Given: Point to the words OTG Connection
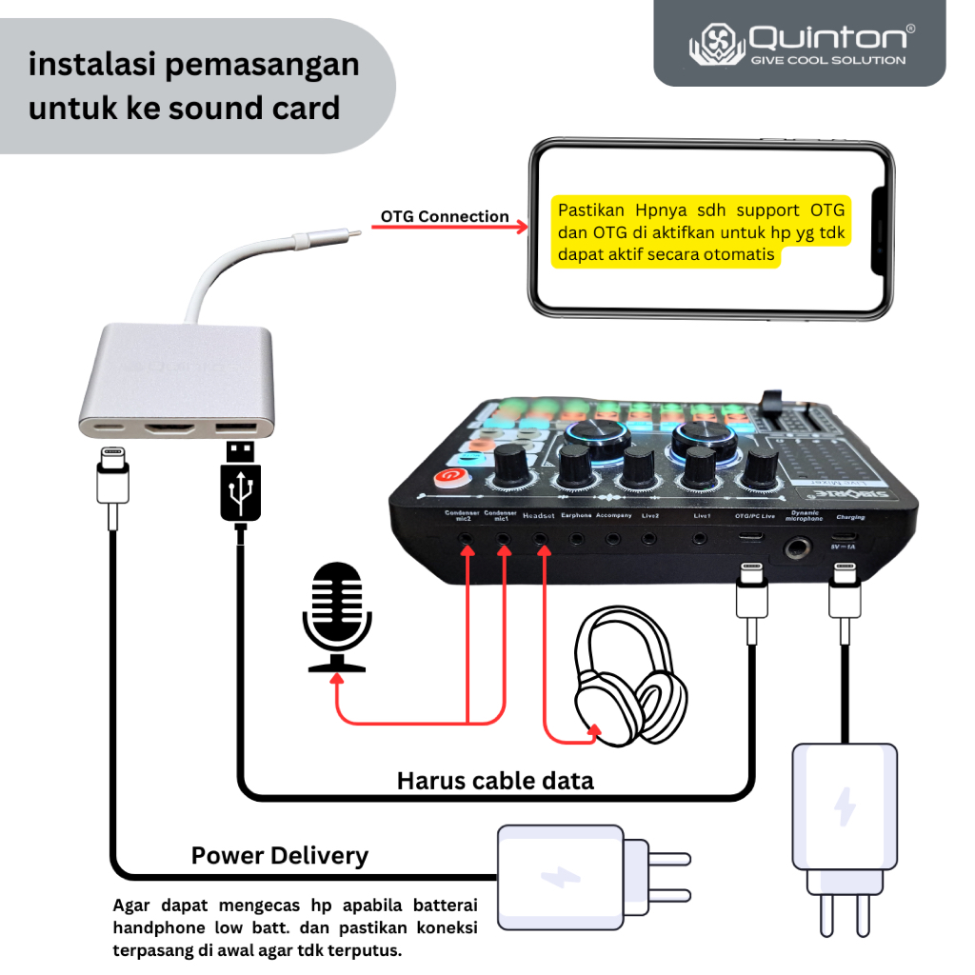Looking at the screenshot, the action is tap(445, 216).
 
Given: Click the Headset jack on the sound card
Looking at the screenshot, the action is tap(542, 539).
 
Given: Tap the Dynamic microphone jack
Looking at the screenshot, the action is tap(796, 548).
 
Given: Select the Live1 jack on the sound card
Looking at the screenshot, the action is tap(700, 539).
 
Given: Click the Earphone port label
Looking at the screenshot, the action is tap(576, 516).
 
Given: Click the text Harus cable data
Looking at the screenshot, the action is tap(495, 781).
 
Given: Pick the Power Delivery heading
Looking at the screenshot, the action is tap(279, 855).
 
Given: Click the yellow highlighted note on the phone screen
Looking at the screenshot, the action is tap(701, 232).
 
